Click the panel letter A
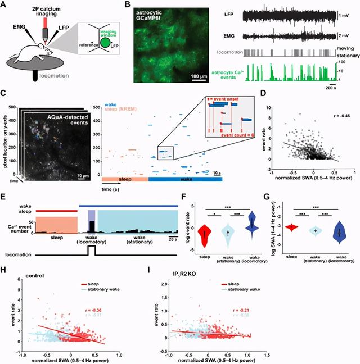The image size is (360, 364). pyautogui.click(x=5, y=5)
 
